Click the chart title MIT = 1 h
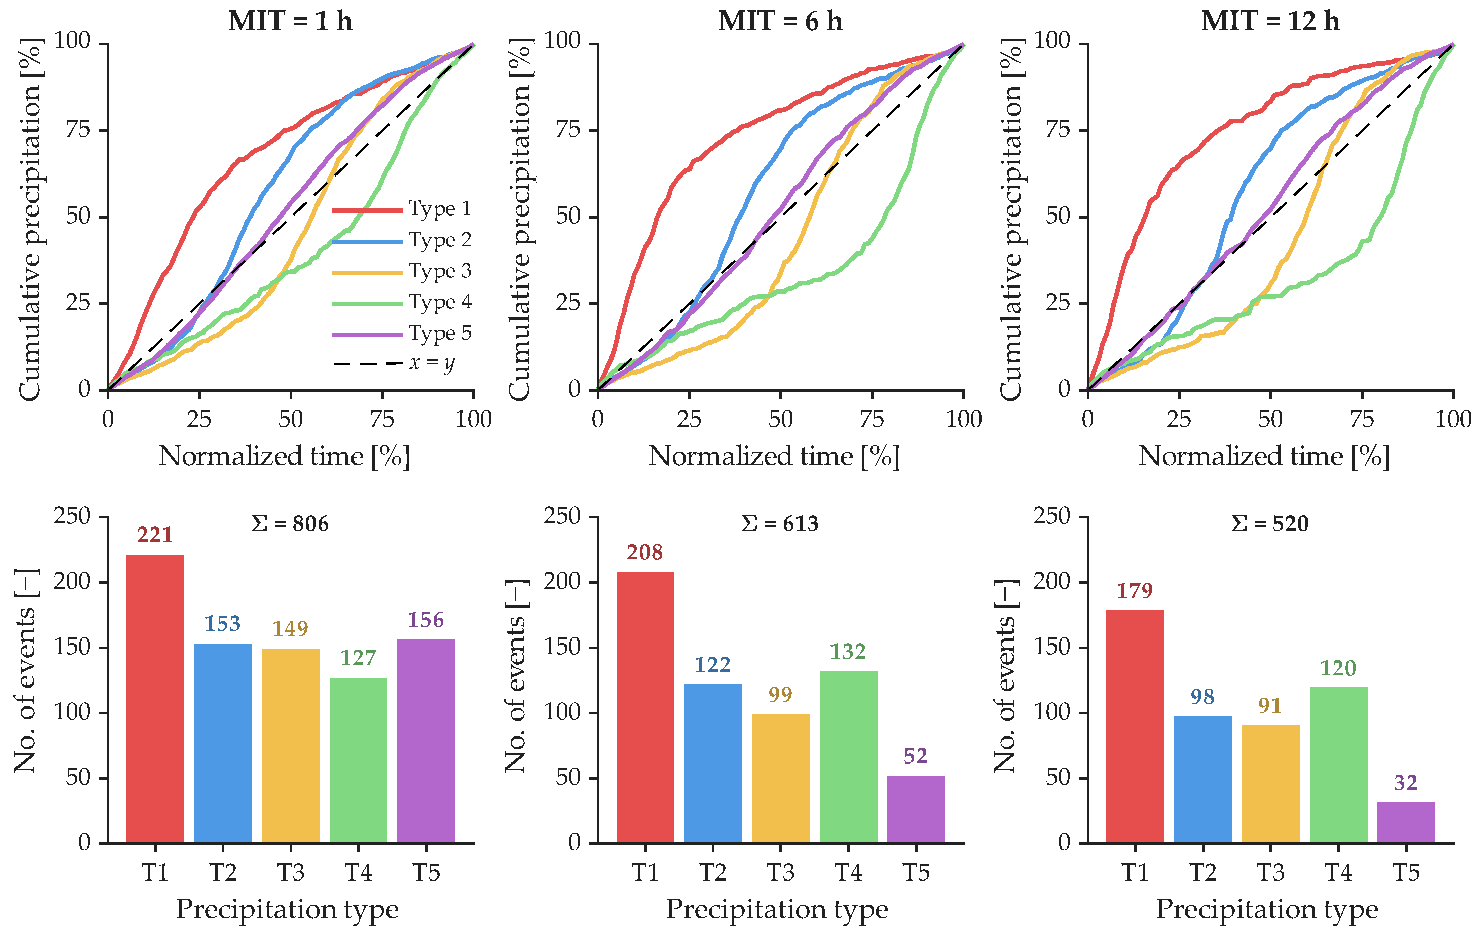290,21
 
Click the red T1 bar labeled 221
155,699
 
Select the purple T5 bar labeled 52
916,809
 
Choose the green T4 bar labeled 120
1338,765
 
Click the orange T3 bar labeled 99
780,779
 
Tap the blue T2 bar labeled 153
223,743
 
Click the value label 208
644,552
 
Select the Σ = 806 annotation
290,524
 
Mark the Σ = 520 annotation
1270,524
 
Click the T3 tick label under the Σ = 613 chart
780,872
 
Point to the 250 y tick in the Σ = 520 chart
1052,516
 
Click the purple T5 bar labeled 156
426,741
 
